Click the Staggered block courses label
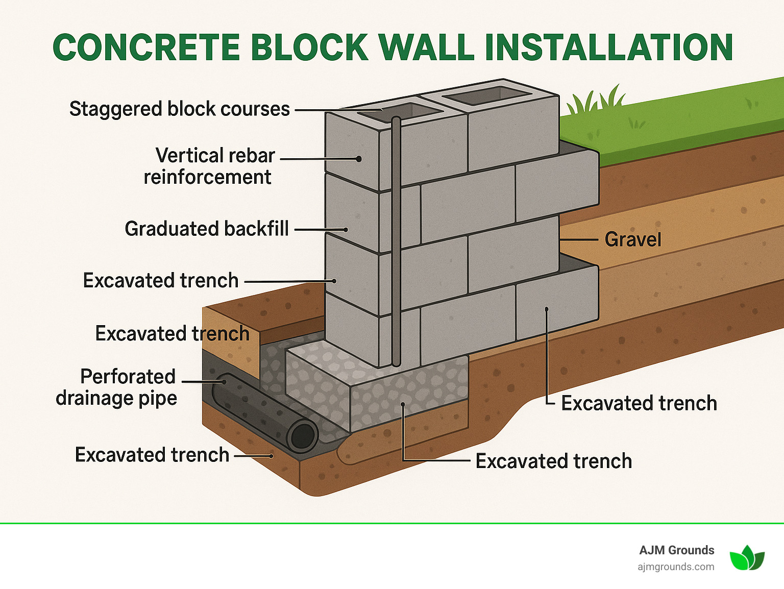point(179,109)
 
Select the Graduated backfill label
point(207,229)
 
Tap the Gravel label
point(632,239)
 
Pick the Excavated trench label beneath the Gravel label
point(639,403)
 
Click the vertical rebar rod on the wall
point(396,240)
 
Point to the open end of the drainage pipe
point(303,435)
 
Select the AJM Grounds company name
point(676,550)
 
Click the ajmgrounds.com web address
point(675,567)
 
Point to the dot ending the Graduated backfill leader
point(346,230)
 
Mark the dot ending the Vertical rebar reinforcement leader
point(359,159)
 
